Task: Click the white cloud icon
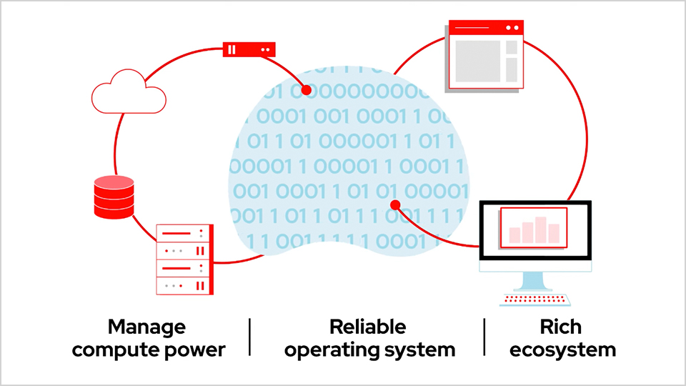[129, 92]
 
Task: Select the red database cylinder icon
[114, 197]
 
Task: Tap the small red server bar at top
[249, 49]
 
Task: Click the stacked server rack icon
[184, 259]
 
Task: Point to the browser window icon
[484, 56]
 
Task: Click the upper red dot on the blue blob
[306, 91]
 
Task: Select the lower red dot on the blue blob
[395, 206]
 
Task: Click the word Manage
[146, 327]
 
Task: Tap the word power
[199, 350]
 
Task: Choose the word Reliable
[367, 327]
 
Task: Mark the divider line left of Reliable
[250, 337]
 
